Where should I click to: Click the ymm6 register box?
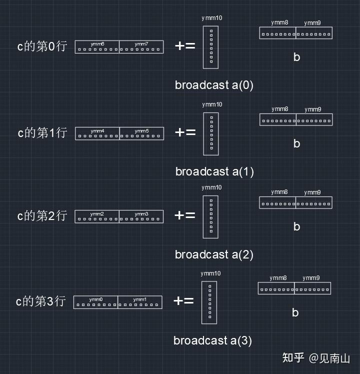coord(97,47)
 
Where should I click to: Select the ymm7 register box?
coord(141,47)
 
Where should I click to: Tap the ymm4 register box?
coord(97,133)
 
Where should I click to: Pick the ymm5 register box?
coord(141,133)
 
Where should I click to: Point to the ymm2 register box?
coord(97,216)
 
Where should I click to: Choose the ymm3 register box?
coord(141,216)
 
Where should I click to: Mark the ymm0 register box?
coord(95,302)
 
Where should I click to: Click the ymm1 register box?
coord(140,302)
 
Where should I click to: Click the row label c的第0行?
coord(42,47)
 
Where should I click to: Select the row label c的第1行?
coord(42,133)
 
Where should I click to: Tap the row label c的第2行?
coord(42,216)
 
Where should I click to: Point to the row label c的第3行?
coord(40,301)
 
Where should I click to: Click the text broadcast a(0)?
coord(214,85)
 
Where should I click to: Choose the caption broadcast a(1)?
coord(214,171)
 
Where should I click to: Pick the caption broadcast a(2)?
coord(214,254)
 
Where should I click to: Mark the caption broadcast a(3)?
coord(212,341)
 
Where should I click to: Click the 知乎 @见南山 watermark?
coord(316,358)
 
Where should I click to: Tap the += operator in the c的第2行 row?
coord(184,215)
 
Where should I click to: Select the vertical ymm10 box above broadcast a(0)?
coord(211,47)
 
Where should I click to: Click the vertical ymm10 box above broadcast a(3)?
coord(209,302)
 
